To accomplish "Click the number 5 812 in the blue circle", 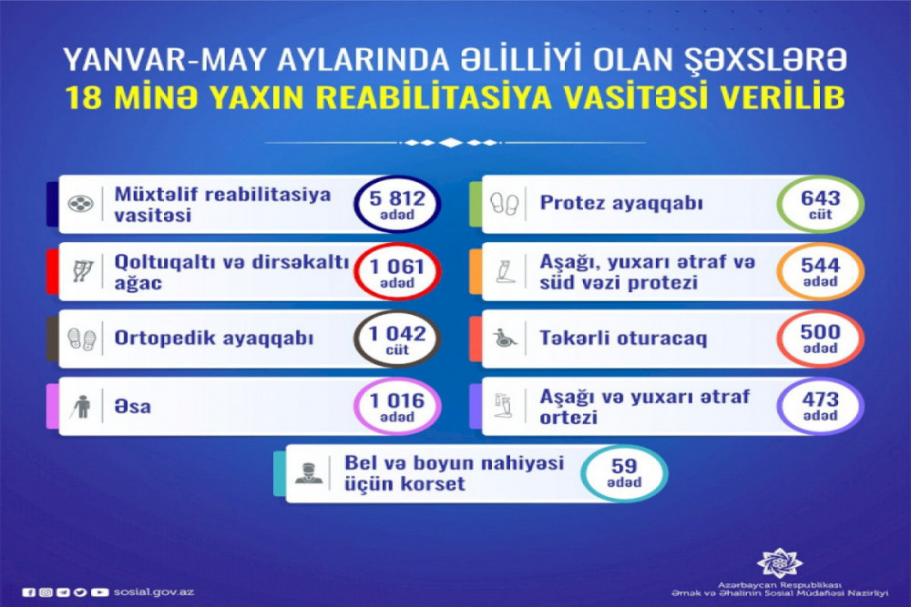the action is click(397, 198).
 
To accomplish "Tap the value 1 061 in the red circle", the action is click(397, 267).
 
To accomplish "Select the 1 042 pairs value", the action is click(397, 334).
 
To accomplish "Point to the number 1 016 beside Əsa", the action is click(397, 400).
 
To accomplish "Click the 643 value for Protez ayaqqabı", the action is click(821, 197).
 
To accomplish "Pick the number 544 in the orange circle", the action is click(821, 265).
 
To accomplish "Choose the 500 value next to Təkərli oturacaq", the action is click(821, 332).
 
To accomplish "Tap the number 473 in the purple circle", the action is click(821, 400).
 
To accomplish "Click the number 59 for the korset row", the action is click(624, 465).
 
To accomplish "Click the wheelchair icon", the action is click(505, 338).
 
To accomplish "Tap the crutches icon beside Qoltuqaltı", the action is click(82, 271).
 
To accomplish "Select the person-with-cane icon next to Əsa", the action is click(81, 406).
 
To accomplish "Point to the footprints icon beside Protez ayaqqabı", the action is click(504, 204).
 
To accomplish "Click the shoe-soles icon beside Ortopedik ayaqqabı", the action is click(81, 339).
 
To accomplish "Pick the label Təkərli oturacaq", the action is click(623, 338).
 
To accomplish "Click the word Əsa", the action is click(132, 406).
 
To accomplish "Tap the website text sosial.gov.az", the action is click(154, 592).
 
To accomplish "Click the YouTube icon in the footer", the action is click(100, 592).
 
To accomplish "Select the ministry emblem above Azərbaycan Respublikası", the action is click(779, 562).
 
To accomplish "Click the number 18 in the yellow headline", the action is click(83, 98).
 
